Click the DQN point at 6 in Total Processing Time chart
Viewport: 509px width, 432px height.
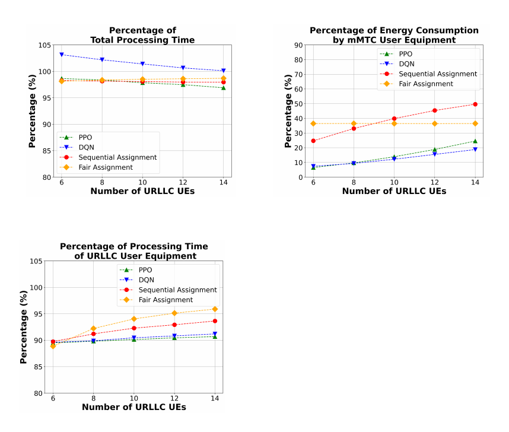(61, 55)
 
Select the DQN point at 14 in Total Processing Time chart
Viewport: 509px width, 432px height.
(223, 71)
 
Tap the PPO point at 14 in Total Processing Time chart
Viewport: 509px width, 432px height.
(223, 88)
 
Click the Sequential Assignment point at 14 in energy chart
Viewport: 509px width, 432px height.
(475, 104)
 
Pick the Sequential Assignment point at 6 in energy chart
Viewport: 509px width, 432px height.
(313, 141)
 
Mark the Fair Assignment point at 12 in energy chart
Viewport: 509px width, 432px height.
(435, 123)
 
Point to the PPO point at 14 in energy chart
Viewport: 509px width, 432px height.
(475, 141)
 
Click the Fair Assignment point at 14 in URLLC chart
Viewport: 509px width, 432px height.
(215, 309)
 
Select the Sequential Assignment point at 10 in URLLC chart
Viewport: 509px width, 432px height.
(133, 328)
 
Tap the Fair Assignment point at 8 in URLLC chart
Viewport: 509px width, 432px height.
(94, 328)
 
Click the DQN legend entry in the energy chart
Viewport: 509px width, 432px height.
(397, 64)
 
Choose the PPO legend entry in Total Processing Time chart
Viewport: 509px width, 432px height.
(76, 138)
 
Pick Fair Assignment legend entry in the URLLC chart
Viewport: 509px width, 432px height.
(157, 300)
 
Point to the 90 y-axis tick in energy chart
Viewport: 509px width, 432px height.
(298, 45)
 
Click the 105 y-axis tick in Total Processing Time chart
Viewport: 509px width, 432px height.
(45, 45)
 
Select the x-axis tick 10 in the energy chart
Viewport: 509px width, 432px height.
(394, 182)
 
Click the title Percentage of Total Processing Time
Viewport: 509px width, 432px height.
(142, 35)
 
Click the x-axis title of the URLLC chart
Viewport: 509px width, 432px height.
(134, 407)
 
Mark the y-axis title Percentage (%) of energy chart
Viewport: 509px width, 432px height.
(288, 111)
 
